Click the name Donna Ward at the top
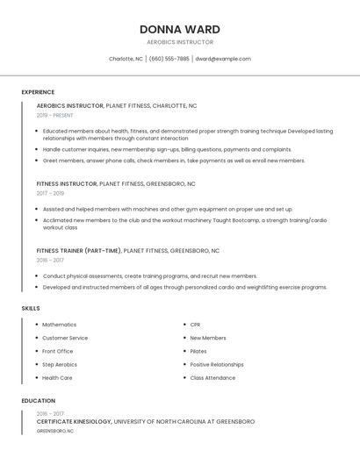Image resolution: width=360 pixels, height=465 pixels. (x=179, y=29)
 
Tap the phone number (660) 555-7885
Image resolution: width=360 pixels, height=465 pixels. (x=169, y=59)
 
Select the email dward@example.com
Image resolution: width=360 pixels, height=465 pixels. (x=223, y=59)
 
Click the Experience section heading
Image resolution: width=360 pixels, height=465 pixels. (x=38, y=92)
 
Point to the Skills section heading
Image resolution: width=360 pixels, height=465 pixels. (x=31, y=309)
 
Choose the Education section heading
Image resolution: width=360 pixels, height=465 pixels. (x=39, y=401)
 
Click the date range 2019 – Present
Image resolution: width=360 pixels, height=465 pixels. (x=55, y=115)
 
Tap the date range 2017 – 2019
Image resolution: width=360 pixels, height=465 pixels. (x=50, y=193)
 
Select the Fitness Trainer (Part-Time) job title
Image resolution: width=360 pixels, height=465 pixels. (x=79, y=251)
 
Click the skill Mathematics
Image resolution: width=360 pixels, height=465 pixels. (x=60, y=325)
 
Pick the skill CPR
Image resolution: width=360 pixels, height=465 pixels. (x=195, y=325)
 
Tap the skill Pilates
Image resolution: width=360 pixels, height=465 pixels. (x=198, y=351)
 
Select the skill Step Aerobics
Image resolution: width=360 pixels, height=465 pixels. (x=60, y=364)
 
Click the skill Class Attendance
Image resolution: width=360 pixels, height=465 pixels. (x=212, y=378)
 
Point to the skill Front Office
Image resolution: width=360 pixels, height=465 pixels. (x=58, y=351)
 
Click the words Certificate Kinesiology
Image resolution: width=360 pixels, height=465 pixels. (x=74, y=422)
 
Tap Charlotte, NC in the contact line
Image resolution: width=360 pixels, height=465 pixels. (x=126, y=59)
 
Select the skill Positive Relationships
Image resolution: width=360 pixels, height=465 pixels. (x=217, y=364)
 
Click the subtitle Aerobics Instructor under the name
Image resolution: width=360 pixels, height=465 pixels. (x=179, y=42)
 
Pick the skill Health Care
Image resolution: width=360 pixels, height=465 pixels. (x=57, y=378)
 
